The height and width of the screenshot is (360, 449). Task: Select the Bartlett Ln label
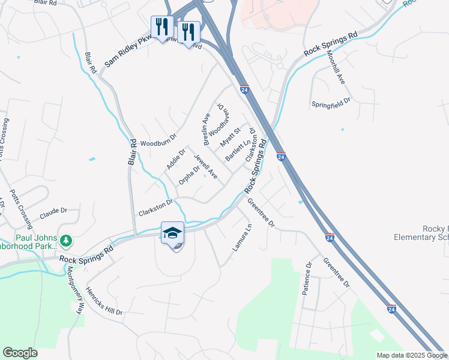238,151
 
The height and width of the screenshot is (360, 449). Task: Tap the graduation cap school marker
172,233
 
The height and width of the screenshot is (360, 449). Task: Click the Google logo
20,353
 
